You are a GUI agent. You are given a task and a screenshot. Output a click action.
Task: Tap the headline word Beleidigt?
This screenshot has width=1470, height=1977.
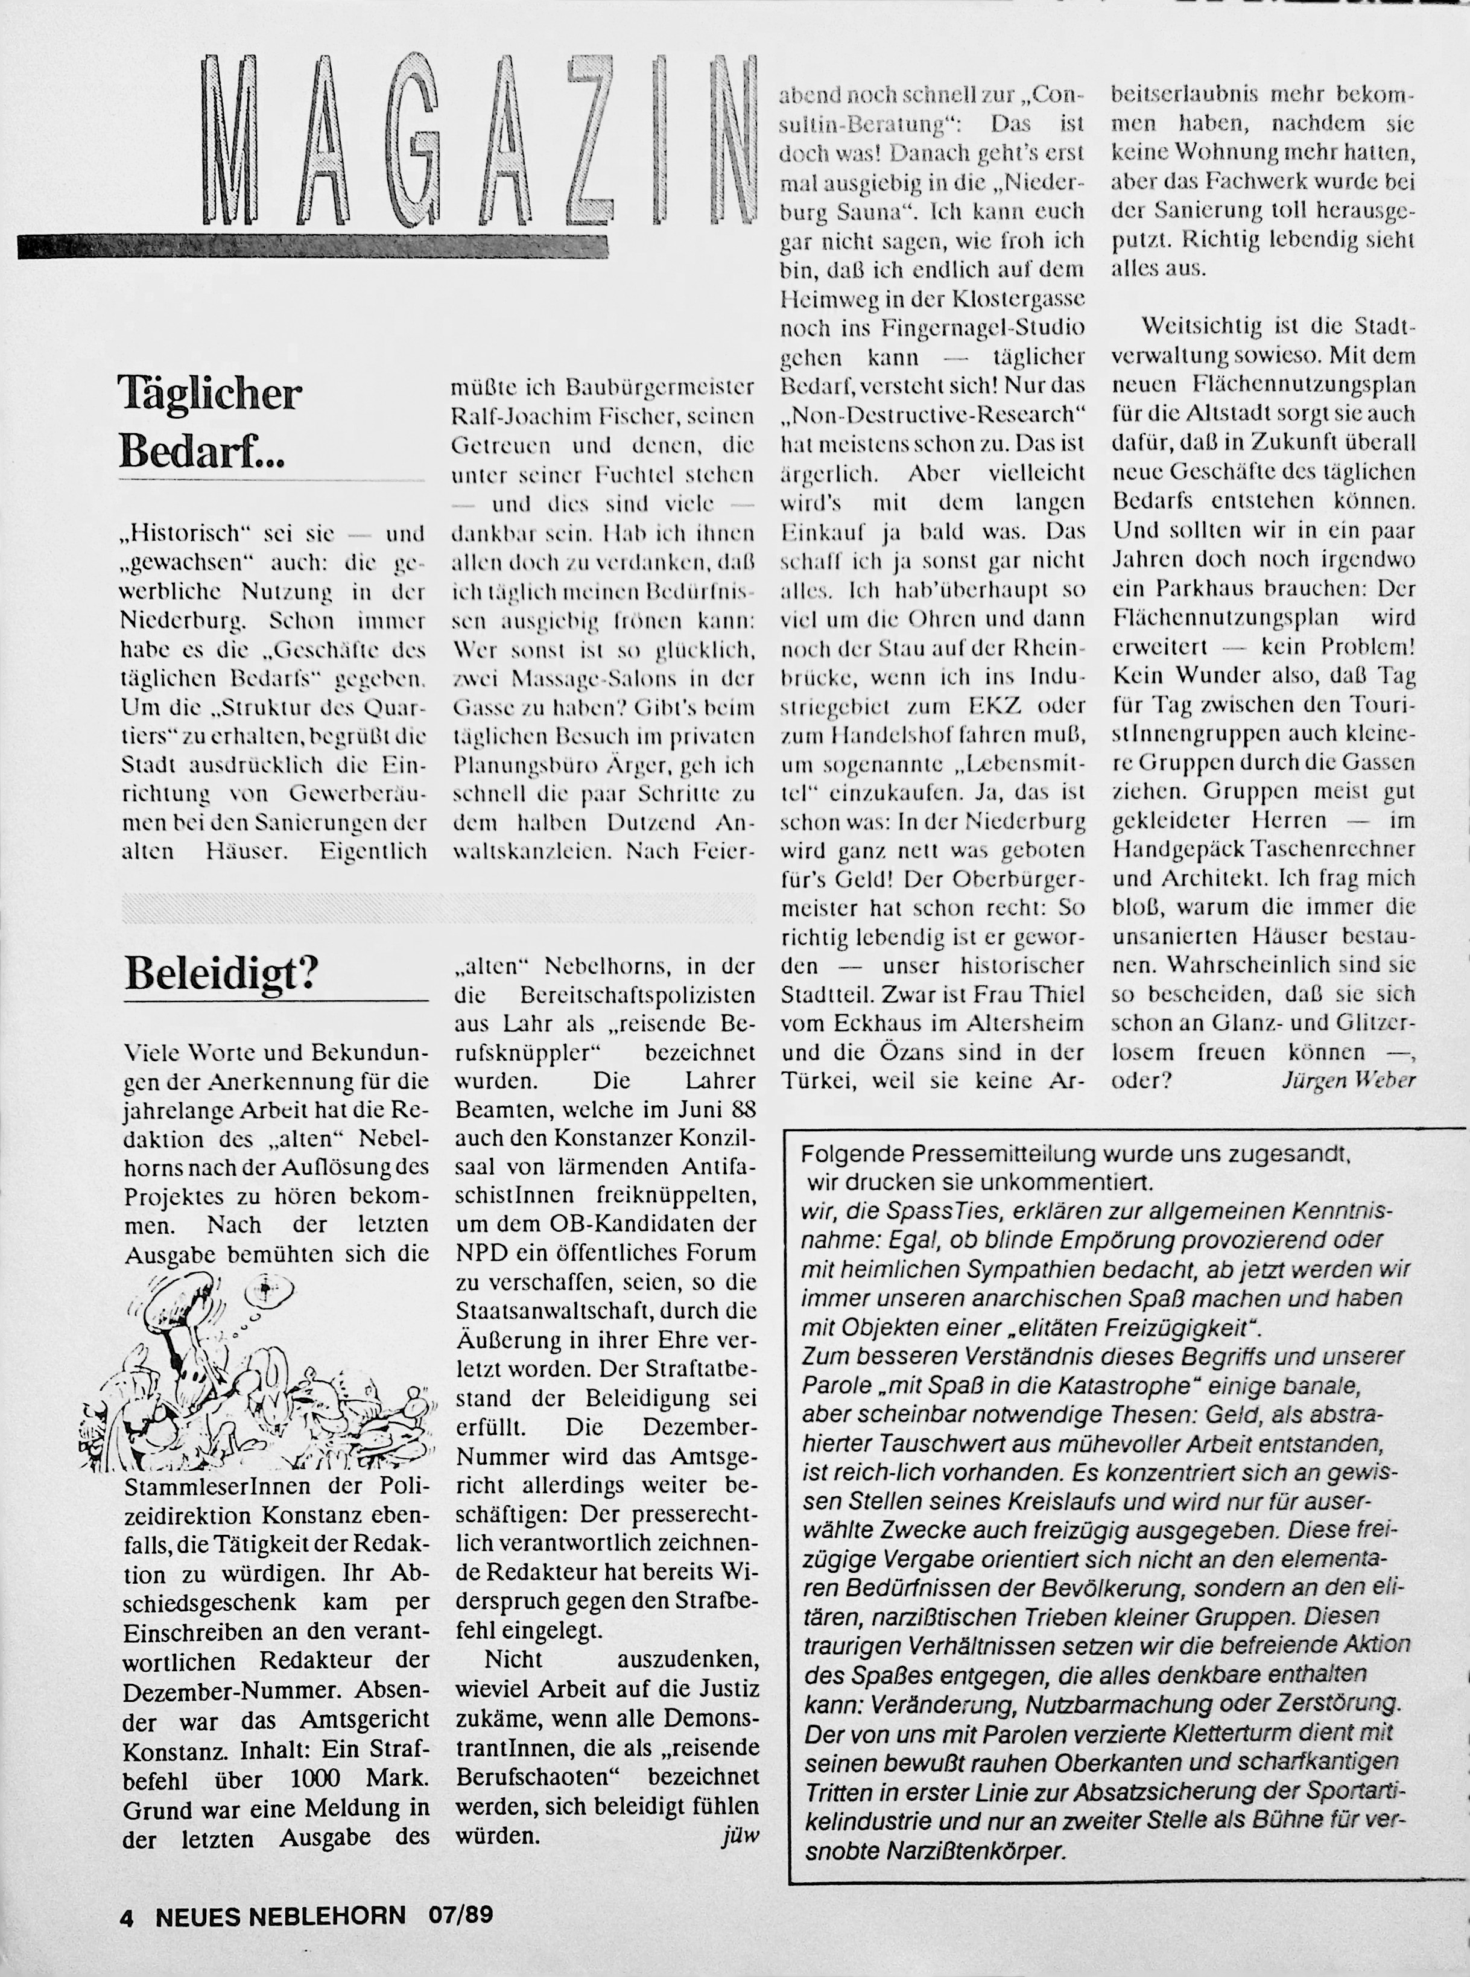click(221, 975)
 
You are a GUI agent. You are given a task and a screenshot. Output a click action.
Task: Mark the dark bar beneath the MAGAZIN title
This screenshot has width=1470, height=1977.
click(311, 247)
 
